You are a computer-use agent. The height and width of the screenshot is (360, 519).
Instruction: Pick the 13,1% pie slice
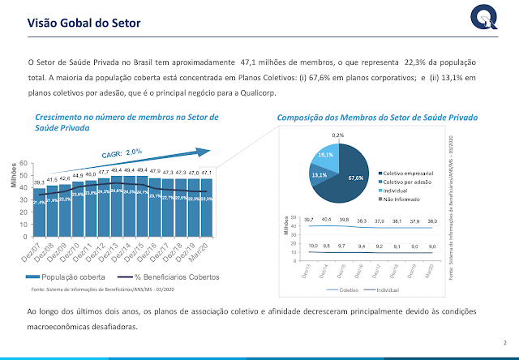coord(319,174)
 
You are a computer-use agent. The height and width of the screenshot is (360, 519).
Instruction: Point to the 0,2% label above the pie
coord(337,135)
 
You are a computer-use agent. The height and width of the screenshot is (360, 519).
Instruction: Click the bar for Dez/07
coord(39,212)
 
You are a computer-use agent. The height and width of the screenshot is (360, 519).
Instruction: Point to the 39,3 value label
coord(39,182)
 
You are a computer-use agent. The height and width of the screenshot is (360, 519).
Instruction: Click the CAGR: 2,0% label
coord(122,152)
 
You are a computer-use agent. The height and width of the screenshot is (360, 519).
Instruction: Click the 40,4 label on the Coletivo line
coord(327,219)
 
